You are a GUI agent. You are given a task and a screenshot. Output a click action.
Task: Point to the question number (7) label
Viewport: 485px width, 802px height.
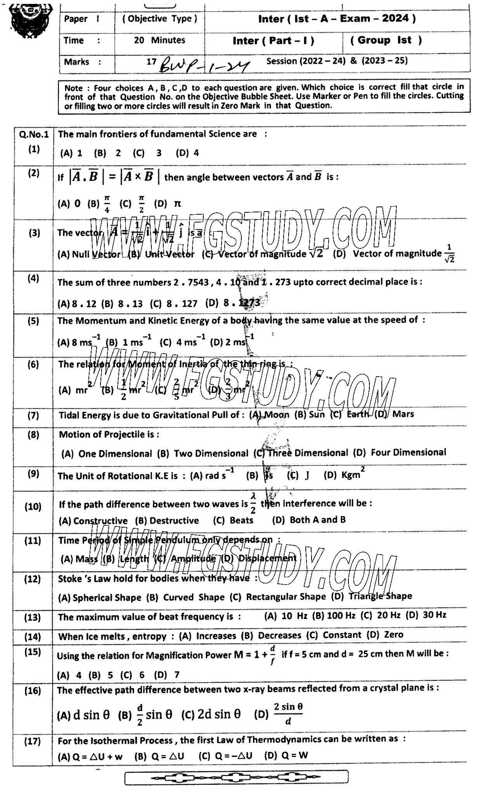pyautogui.click(x=33, y=416)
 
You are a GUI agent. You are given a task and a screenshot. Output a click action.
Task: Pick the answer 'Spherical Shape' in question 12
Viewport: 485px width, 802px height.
pyautogui.click(x=107, y=597)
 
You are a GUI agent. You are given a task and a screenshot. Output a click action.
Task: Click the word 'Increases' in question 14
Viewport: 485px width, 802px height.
pyautogui.click(x=216, y=636)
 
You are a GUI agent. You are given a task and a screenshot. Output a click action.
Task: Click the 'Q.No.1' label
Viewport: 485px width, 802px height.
pyautogui.click(x=33, y=135)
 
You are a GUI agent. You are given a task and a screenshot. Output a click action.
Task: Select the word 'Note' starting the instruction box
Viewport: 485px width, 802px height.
pyautogui.click(x=74, y=88)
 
